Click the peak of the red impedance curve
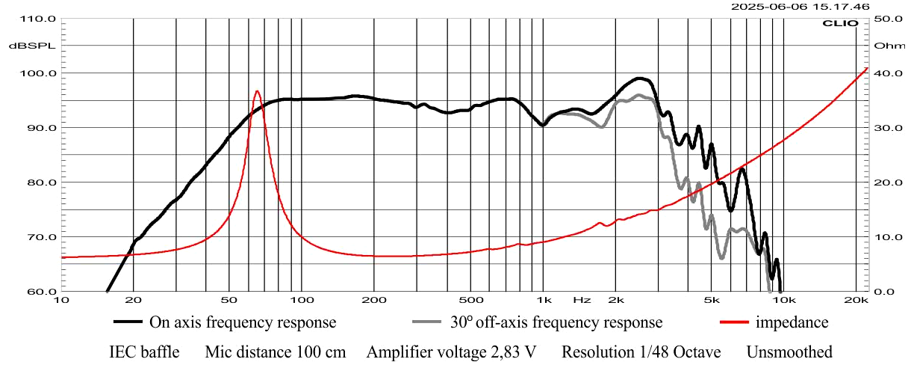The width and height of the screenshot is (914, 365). pos(257,91)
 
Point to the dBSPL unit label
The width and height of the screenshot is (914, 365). pos(28,46)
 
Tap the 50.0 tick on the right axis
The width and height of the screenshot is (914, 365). pos(888,19)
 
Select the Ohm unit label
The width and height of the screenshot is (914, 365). pos(889,46)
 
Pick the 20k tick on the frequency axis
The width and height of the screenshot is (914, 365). pos(857,300)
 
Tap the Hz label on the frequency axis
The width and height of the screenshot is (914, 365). pos(582,300)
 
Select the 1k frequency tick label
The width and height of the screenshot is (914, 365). pos(544,300)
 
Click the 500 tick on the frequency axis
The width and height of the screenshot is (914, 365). pos(470,300)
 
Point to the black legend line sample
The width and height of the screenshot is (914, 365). pos(128,322)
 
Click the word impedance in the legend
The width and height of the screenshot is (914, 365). pos(792,322)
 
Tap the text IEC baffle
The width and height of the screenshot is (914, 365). pos(144,352)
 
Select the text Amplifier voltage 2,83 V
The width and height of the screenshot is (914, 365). pos(451,352)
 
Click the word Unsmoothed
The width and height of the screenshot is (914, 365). pos(789,352)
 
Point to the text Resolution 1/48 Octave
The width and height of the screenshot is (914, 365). pos(641,352)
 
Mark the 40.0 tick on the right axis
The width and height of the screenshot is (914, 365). pos(888,73)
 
